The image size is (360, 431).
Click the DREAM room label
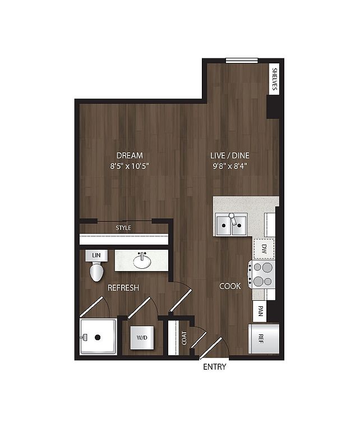pyautogui.click(x=130, y=155)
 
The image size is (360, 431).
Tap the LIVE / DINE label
pyautogui.click(x=230, y=155)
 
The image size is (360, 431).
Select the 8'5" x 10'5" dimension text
pyautogui.click(x=130, y=166)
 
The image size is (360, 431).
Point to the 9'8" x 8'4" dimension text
pyautogui.click(x=230, y=166)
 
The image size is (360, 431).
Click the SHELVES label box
pyautogui.click(x=274, y=79)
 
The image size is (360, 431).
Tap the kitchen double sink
pyautogui.click(x=232, y=224)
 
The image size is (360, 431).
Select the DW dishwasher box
pyautogui.click(x=264, y=249)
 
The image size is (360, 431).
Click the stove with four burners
pyautogui.click(x=262, y=274)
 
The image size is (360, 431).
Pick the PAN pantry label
pyautogui.click(x=261, y=311)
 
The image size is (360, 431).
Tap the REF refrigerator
pyautogui.click(x=264, y=338)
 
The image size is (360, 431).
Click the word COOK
pyautogui.click(x=230, y=286)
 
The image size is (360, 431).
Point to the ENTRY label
pyautogui.click(x=214, y=366)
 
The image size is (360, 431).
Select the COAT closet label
pyautogui.click(x=184, y=338)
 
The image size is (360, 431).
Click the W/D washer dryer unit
pyautogui.click(x=142, y=337)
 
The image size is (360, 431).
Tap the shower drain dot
pyautogui.click(x=98, y=337)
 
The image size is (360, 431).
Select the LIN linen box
pyautogui.click(x=96, y=256)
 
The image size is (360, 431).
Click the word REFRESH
pyautogui.click(x=123, y=288)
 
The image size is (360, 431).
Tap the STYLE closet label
pyautogui.click(x=123, y=228)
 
